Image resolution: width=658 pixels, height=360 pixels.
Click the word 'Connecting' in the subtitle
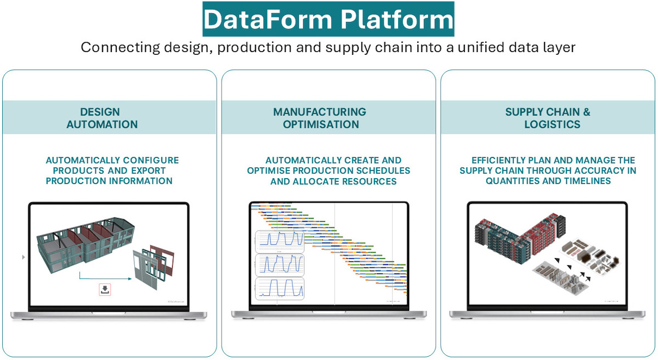(120, 47)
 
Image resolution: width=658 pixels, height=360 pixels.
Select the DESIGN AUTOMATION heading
(102, 118)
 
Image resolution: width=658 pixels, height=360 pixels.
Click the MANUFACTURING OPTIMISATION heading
(321, 118)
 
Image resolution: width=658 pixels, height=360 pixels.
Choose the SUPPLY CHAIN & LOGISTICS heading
(548, 118)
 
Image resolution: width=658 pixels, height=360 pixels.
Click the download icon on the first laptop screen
(104, 290)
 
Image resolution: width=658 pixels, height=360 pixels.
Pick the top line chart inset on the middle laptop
(280, 241)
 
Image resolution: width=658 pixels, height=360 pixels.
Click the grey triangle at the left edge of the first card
(22, 257)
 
